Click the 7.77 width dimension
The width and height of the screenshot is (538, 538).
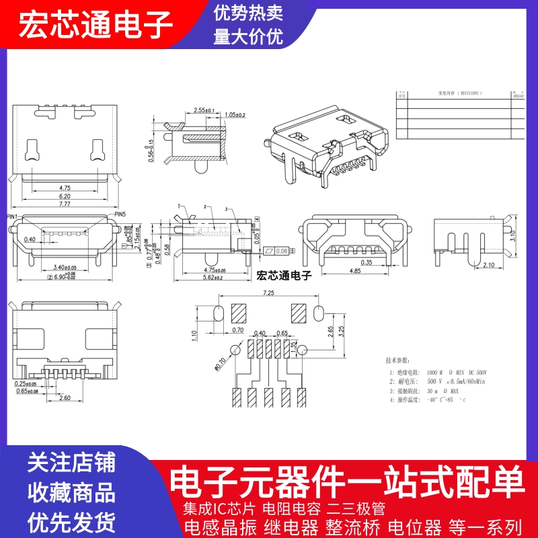click(65, 203)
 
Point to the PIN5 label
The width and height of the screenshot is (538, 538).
click(120, 214)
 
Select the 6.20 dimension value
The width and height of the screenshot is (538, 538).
click(65, 196)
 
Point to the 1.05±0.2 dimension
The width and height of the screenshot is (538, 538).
click(235, 115)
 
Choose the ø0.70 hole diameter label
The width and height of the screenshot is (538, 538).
click(219, 364)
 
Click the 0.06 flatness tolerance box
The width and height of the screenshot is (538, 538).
click(281, 250)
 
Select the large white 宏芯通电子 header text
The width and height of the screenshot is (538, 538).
click(95, 26)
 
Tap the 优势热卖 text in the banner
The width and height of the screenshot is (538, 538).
click(248, 13)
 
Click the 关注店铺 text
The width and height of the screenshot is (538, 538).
click(71, 463)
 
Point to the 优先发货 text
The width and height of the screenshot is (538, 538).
click(71, 521)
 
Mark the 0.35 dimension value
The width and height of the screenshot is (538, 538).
click(366, 262)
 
